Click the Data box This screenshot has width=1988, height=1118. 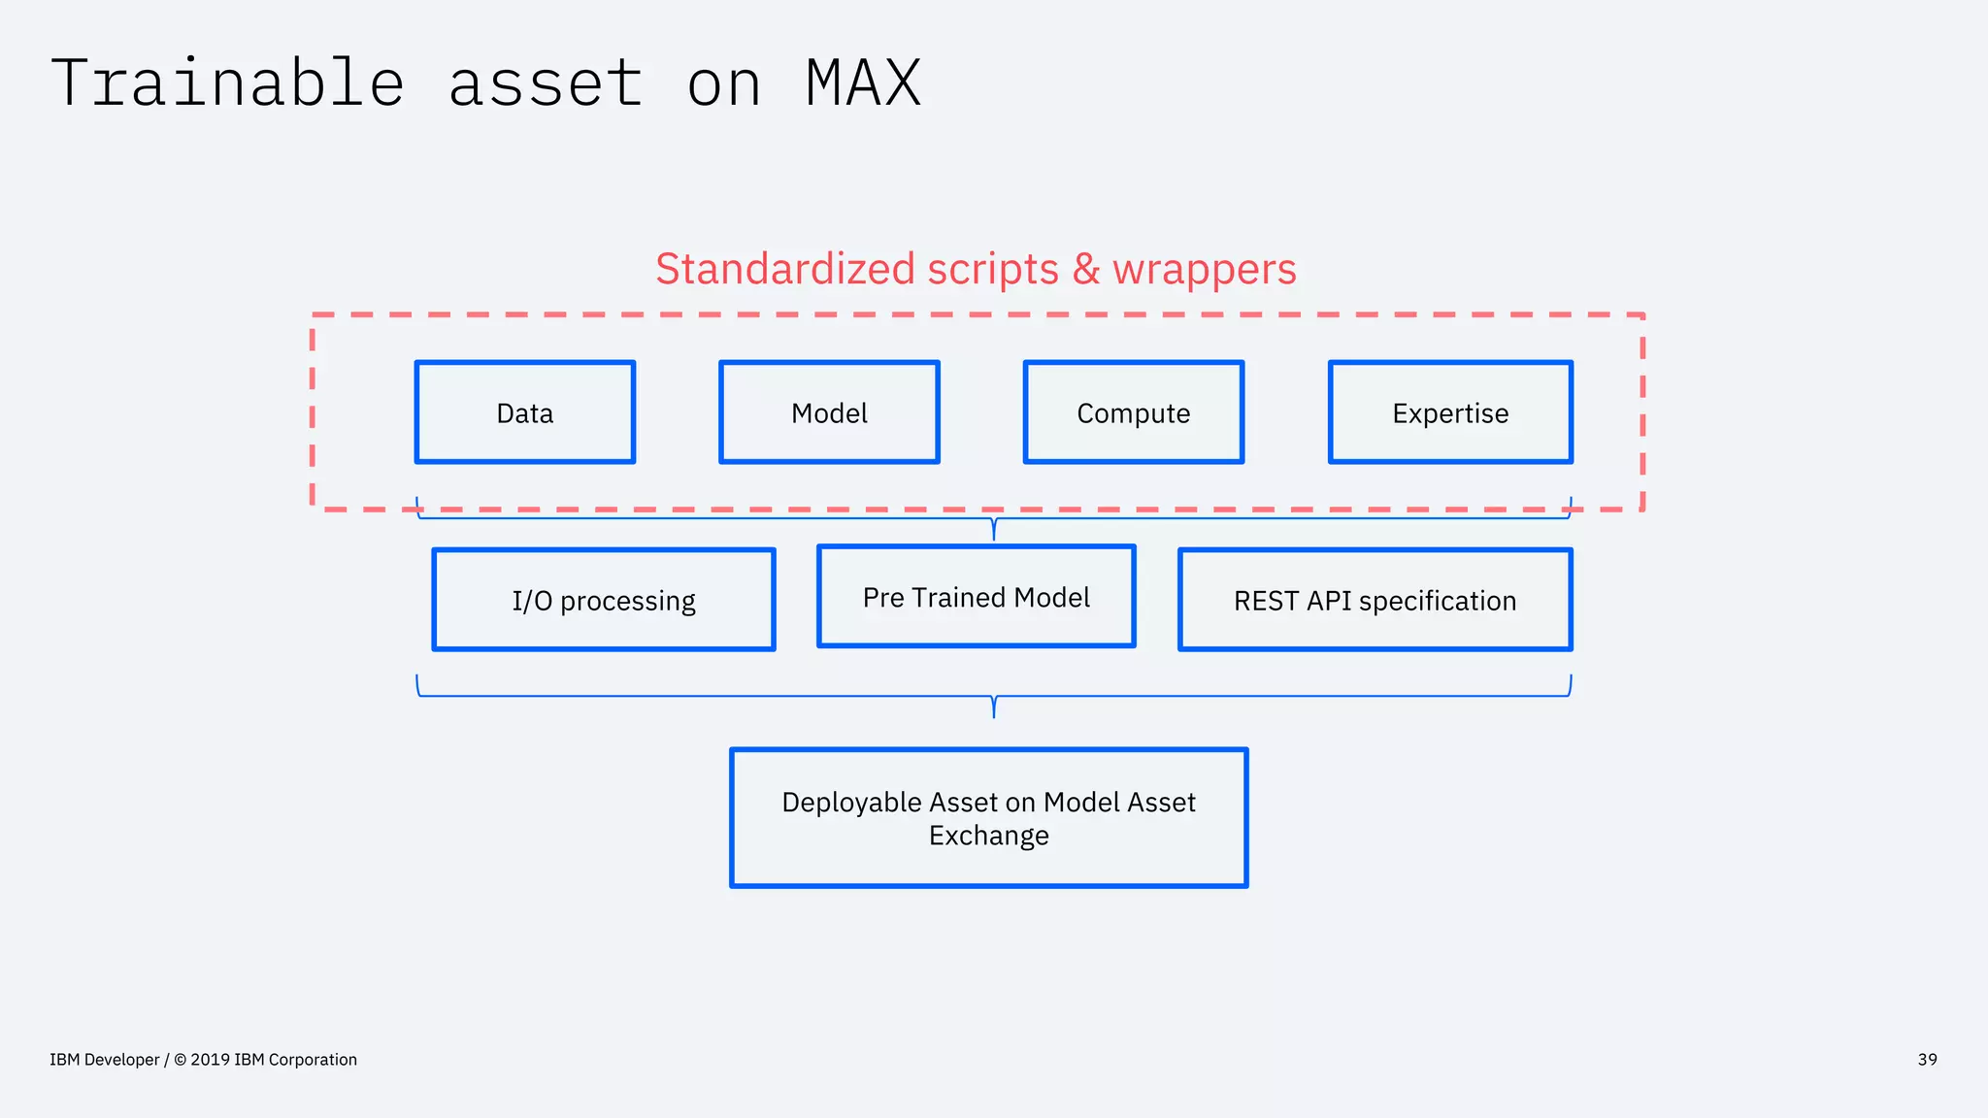(x=525, y=412)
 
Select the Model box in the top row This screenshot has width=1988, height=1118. (x=829, y=412)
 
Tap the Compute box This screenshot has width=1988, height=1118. (x=1133, y=412)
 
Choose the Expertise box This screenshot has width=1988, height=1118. (x=1450, y=412)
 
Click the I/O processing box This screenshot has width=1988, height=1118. (x=604, y=600)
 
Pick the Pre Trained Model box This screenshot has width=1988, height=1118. (x=976, y=597)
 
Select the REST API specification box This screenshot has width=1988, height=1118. (x=1375, y=600)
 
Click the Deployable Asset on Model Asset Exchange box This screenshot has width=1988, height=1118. (x=988, y=817)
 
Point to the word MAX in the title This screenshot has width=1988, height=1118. (x=863, y=83)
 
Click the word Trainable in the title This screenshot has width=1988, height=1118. (x=227, y=83)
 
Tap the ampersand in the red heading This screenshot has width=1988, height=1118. (x=1086, y=270)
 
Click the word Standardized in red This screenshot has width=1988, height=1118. (x=784, y=269)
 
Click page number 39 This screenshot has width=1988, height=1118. (x=1927, y=1060)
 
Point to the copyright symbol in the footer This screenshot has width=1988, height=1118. (x=180, y=1060)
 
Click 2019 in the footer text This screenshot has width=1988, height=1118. (x=210, y=1060)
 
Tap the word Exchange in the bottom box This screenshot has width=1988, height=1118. (x=988, y=836)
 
